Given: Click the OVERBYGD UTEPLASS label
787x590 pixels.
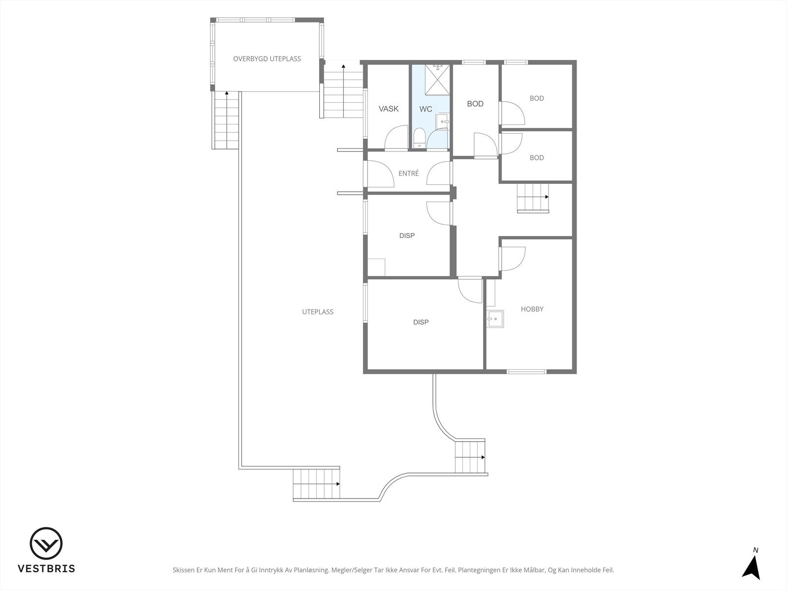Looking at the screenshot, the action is (267, 59).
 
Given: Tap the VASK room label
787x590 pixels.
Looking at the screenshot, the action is (388, 109).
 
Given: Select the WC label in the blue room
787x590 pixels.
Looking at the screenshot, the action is (425, 109).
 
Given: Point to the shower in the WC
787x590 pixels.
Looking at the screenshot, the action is (437, 80).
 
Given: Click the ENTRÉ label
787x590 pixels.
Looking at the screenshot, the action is (408, 174).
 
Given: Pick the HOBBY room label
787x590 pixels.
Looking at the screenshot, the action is (532, 309).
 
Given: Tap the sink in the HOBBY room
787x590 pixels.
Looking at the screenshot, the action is (495, 319).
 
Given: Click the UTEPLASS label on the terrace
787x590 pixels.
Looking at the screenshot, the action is (318, 312).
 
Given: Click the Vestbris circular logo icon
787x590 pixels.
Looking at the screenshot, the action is (46, 543).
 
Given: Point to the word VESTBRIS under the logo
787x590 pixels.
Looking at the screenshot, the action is (47, 568).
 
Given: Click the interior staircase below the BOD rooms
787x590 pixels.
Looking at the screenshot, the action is (533, 198).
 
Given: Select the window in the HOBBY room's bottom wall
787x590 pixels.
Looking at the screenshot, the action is (526, 372).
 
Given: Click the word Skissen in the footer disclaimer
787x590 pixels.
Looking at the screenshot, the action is (183, 570).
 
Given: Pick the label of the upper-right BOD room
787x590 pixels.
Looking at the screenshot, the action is (537, 98).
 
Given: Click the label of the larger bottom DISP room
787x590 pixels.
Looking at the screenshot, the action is (421, 323).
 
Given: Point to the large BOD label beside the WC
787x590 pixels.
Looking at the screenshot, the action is (475, 104).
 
